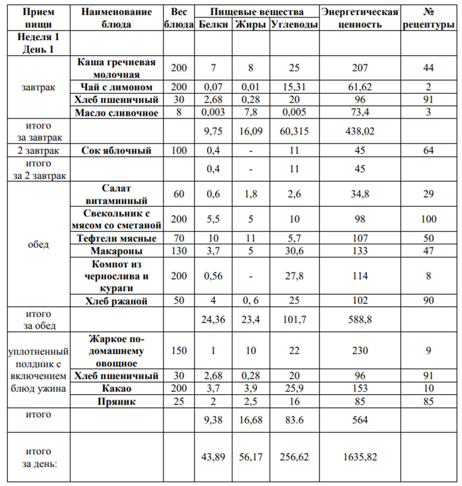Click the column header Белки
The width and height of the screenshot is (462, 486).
213,25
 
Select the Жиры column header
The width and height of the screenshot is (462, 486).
250,25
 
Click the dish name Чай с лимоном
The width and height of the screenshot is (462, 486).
117,86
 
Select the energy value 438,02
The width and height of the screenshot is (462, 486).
360,132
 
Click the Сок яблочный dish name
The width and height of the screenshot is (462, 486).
117,151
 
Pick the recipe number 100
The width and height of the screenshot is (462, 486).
428,219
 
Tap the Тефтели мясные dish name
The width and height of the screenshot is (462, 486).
117,238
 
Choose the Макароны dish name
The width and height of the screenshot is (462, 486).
117,251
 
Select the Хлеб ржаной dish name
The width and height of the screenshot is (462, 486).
117,301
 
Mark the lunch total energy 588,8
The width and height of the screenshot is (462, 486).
360,320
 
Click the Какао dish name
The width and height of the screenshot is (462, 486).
117,388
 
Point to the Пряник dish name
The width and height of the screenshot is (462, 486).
117,401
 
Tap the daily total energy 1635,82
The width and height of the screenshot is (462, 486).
360,457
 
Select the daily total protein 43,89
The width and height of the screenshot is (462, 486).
213,457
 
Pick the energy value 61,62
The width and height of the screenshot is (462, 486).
360,86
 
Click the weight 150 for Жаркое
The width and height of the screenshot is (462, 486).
178,351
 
